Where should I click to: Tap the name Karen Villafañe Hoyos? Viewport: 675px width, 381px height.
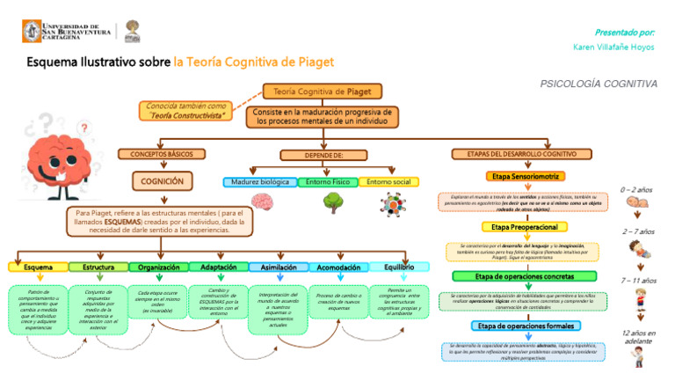point(613,47)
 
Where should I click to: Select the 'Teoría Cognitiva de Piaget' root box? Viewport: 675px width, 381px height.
point(322,92)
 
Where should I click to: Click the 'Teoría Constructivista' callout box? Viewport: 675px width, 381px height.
point(185,110)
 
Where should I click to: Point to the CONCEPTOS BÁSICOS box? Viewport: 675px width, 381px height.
point(162,154)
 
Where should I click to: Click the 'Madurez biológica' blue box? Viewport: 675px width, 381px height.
point(259,182)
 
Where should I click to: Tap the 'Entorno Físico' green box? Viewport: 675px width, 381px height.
point(327,182)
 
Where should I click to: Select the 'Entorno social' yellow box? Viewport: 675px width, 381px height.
point(388,182)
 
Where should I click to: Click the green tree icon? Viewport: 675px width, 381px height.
point(333,203)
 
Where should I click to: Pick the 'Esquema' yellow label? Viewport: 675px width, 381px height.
point(38,267)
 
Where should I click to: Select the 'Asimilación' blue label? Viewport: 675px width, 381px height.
point(278,267)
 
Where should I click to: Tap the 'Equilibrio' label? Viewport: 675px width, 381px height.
point(397,267)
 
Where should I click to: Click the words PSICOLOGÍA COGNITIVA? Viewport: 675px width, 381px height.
point(599,84)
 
